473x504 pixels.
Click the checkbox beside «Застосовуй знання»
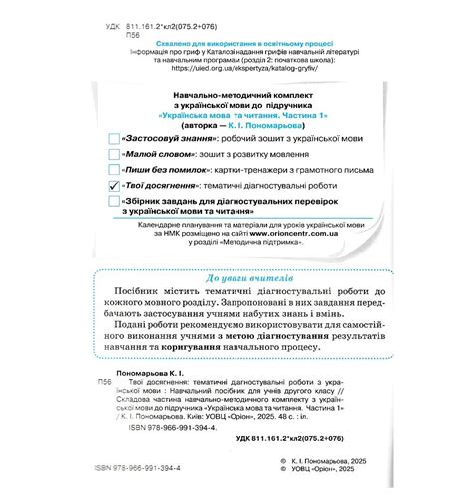coord(113,135)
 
